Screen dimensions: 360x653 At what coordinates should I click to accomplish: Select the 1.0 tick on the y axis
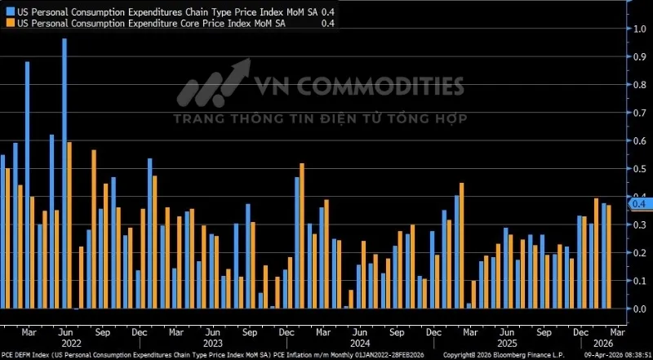(641, 29)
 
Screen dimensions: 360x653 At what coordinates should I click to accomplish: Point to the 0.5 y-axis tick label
(641, 169)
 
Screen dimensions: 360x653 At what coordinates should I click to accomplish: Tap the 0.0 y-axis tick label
(641, 309)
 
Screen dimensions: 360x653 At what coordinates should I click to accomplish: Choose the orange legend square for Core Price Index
(10, 24)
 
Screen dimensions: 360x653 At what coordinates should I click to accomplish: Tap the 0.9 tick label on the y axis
(641, 57)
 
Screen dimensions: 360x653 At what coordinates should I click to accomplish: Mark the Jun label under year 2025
(507, 333)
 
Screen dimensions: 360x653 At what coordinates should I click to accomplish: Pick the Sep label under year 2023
(249, 333)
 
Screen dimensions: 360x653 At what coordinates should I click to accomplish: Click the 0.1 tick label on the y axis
(641, 281)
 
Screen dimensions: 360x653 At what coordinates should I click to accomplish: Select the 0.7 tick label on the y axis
(641, 113)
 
